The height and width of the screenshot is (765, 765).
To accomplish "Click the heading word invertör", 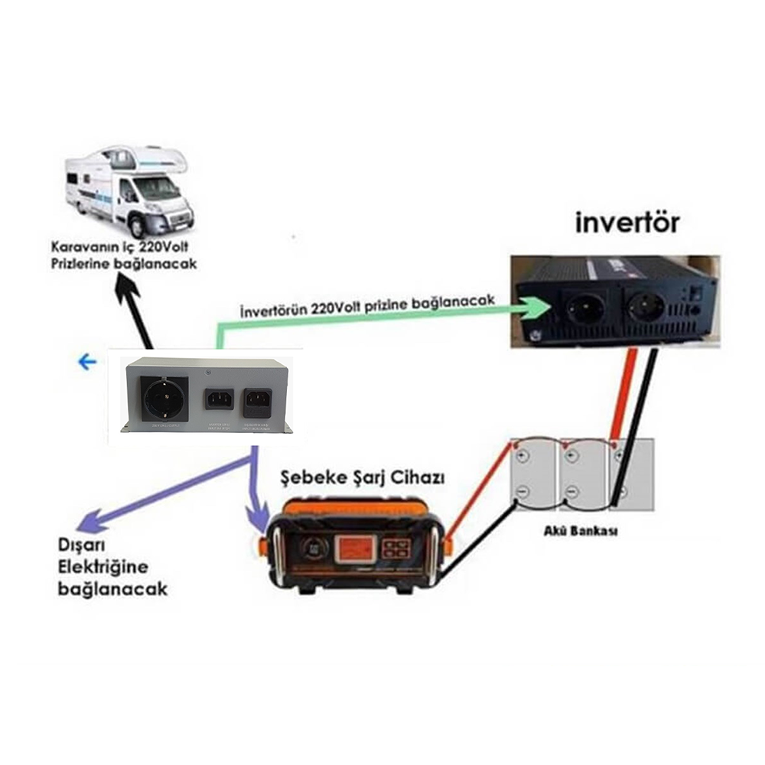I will click(x=627, y=223).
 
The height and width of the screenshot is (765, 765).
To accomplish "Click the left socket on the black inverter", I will click(x=584, y=308).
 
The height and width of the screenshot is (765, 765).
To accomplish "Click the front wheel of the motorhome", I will click(x=136, y=226).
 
